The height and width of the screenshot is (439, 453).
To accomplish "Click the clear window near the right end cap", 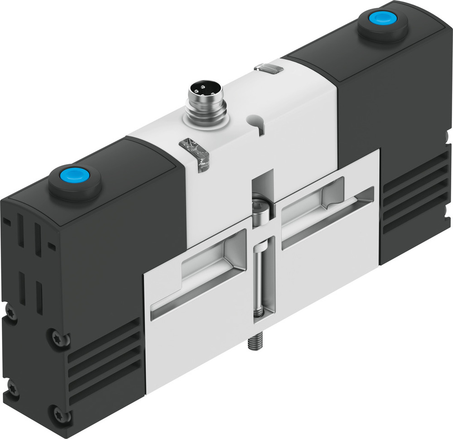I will [x=269, y=68].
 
